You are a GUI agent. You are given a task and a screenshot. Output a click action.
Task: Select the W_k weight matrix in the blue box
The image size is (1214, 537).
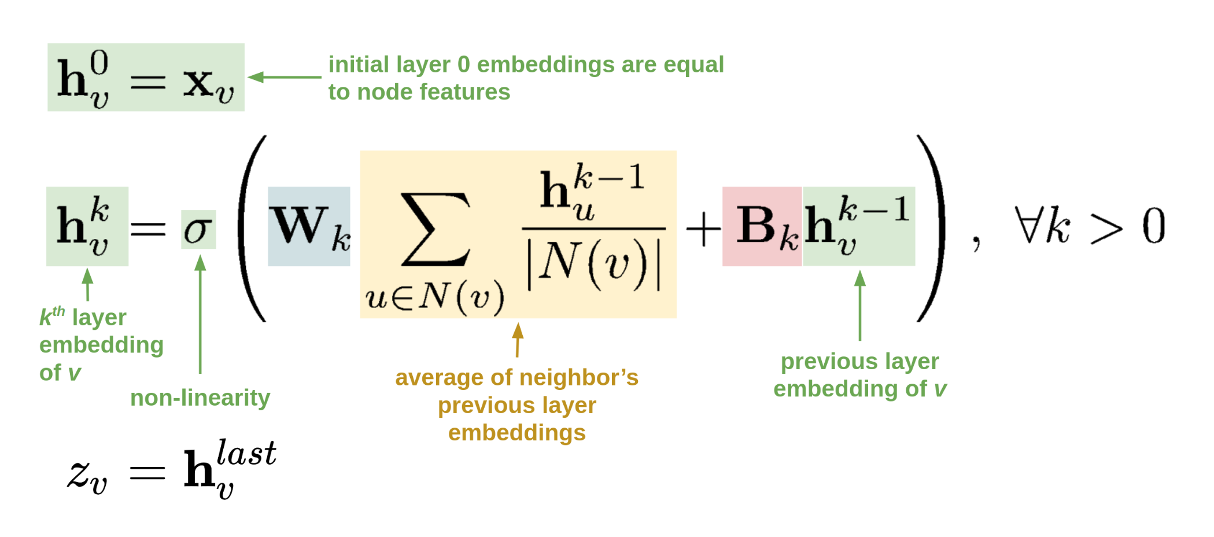pyautogui.click(x=309, y=227)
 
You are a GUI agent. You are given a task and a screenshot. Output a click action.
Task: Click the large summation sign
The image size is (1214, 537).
pyautogui.click(x=435, y=230)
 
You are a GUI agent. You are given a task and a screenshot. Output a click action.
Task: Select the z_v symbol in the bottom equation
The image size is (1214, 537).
pyautogui.click(x=87, y=475)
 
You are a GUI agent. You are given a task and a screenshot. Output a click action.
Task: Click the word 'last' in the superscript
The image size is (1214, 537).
pyautogui.click(x=246, y=453)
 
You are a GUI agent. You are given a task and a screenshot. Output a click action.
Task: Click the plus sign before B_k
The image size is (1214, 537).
pyautogui.click(x=703, y=229)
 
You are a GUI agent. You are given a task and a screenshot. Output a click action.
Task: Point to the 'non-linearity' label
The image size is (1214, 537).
pyautogui.click(x=200, y=398)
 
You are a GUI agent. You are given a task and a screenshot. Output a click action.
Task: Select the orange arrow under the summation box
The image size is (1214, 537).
pyautogui.click(x=518, y=340)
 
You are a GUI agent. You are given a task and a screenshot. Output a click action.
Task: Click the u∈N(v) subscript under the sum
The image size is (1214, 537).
pyautogui.click(x=435, y=297)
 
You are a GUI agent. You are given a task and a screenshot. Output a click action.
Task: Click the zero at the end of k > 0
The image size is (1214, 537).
pyautogui.click(x=1153, y=226)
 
